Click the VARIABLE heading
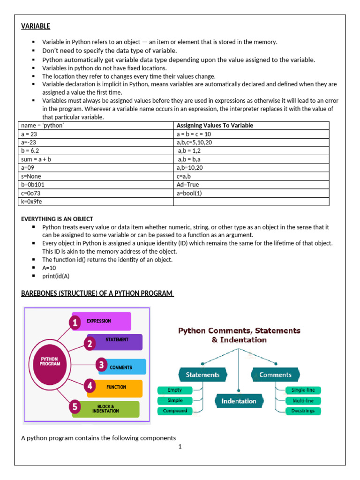[x=36, y=26]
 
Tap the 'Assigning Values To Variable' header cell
[x=215, y=126]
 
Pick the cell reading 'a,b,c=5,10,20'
[x=194, y=142]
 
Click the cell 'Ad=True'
[x=188, y=185]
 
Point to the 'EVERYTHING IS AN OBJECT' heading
[x=57, y=219]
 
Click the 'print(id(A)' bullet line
[x=56, y=276]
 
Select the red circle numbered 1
[x=75, y=322]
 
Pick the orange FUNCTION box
[x=115, y=388]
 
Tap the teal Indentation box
[x=239, y=401]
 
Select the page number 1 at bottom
[x=180, y=447]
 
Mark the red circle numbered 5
[x=75, y=406]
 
